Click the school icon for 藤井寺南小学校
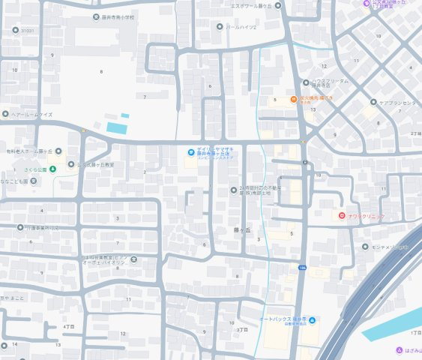96,16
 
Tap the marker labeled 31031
16,31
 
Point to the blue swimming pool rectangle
118,127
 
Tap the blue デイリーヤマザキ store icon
191,153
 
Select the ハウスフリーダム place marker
306,82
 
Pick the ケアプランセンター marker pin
373,102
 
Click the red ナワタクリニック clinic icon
342,216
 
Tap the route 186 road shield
302,267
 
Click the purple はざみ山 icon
400,349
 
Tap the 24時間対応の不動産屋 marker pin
233,190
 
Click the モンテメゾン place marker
364,247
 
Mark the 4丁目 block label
70,327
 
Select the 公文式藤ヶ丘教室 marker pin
71,164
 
